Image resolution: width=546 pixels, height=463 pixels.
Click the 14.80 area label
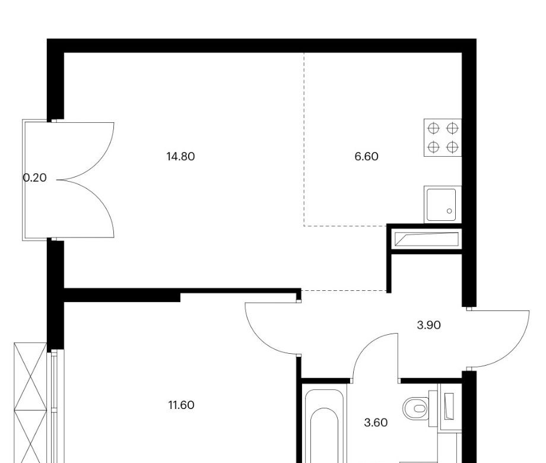pos(181,157)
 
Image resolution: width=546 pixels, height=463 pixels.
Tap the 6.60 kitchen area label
pos(366,157)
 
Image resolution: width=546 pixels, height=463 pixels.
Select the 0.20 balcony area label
pos(34,178)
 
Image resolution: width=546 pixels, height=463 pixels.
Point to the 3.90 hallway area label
pos(428,325)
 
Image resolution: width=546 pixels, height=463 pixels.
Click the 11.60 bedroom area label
pos(181,405)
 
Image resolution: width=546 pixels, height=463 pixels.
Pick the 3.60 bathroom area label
pos(376,423)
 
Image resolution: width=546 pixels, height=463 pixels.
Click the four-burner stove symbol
pos(443,138)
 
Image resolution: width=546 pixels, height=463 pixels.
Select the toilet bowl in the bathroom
pos(416,408)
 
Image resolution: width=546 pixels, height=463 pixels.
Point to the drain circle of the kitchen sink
pos(449,211)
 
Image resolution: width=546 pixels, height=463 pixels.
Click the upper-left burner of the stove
pos(433,129)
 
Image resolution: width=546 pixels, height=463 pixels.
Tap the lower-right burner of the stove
pos(452,147)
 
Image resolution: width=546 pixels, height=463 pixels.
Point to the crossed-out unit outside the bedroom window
pos(30,402)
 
